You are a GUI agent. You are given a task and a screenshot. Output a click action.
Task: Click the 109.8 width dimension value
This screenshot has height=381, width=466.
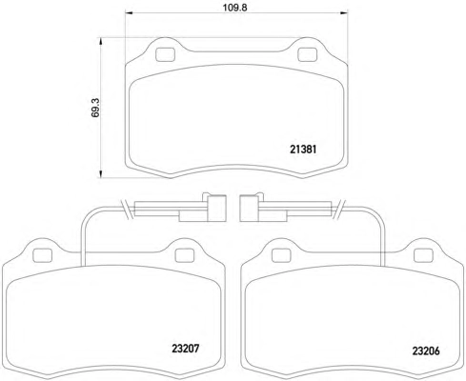pos(234,8)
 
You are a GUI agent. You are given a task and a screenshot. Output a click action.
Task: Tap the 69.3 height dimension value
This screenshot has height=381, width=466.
pos(95,108)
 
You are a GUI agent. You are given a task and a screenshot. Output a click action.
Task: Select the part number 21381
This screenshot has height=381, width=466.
pos(303,150)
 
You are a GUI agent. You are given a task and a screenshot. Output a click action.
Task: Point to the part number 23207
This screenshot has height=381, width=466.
pos(186,349)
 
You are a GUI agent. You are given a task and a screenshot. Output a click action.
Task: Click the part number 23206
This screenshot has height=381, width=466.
pos(426,351)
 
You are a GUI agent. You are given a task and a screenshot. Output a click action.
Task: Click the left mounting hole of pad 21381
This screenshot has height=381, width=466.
pos(165,54)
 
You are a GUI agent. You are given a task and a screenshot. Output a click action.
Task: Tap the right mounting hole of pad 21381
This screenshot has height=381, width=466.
pos(307,54)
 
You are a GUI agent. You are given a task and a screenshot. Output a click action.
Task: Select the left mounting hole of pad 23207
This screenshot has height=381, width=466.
pos(42,255)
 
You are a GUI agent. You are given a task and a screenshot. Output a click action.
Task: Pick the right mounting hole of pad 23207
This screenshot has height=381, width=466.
pos(185,255)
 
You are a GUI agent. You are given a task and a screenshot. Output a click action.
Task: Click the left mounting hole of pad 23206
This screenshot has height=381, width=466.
pos(281,255)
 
